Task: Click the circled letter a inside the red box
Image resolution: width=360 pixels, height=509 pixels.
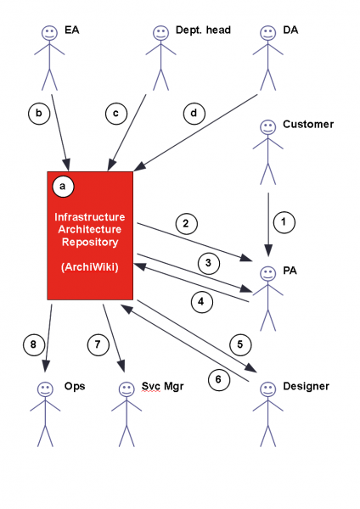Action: click(x=62, y=184)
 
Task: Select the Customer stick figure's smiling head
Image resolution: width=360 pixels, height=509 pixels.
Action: click(x=267, y=131)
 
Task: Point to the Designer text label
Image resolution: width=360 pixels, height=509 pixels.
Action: click(x=306, y=386)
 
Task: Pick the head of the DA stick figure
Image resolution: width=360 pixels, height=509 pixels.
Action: click(x=267, y=33)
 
